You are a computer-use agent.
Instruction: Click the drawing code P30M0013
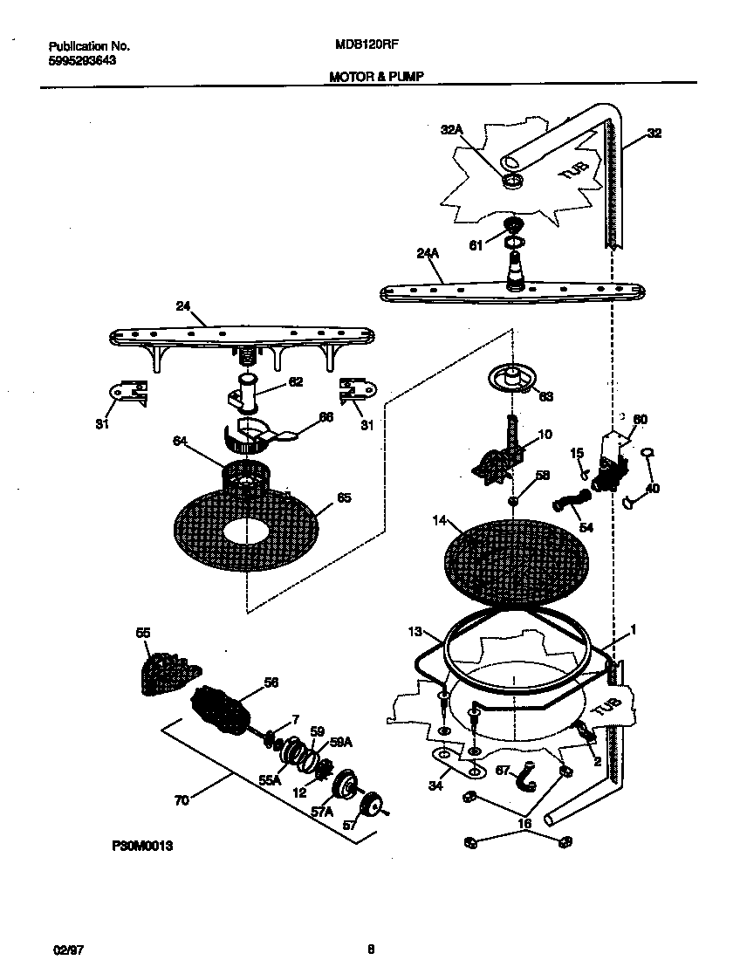point(138,846)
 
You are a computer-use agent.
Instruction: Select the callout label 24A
point(427,254)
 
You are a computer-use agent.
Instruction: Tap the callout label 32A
point(450,129)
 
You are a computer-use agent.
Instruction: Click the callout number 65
point(344,498)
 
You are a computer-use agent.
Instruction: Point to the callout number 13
point(415,630)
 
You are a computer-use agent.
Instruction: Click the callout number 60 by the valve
point(640,420)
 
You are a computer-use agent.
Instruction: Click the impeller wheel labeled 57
point(373,805)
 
